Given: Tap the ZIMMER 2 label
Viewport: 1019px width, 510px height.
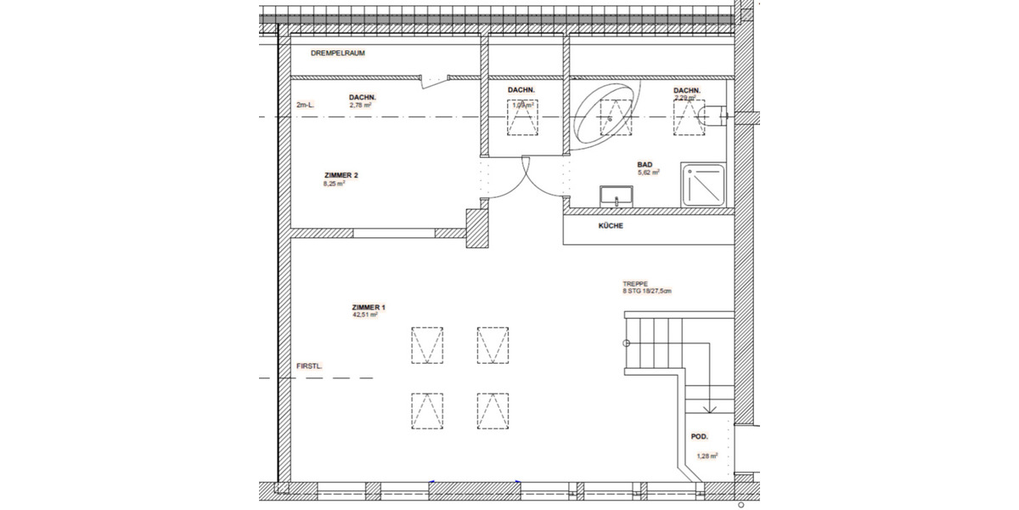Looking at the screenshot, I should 341,175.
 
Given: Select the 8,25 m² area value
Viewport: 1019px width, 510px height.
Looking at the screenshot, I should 334,184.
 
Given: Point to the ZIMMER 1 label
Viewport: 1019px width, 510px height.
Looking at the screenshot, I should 369,306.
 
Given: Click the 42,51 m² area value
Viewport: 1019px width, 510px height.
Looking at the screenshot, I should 364,314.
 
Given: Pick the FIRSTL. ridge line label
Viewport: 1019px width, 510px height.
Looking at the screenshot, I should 309,366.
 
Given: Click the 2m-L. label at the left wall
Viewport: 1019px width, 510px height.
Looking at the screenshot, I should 305,105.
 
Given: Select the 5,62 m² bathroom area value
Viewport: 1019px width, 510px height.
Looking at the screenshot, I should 649,172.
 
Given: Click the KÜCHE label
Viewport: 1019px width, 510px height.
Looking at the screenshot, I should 611,226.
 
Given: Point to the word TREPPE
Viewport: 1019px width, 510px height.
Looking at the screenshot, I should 634,285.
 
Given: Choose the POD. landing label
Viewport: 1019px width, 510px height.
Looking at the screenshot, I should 700,436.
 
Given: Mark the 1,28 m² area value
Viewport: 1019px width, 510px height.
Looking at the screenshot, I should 707,456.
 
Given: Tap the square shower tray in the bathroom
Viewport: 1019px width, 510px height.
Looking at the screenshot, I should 703,184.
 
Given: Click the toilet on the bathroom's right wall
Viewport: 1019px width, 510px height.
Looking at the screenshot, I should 718,111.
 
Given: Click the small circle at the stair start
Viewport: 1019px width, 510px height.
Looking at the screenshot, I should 626,343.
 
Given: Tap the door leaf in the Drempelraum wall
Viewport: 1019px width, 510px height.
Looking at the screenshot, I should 435,82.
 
